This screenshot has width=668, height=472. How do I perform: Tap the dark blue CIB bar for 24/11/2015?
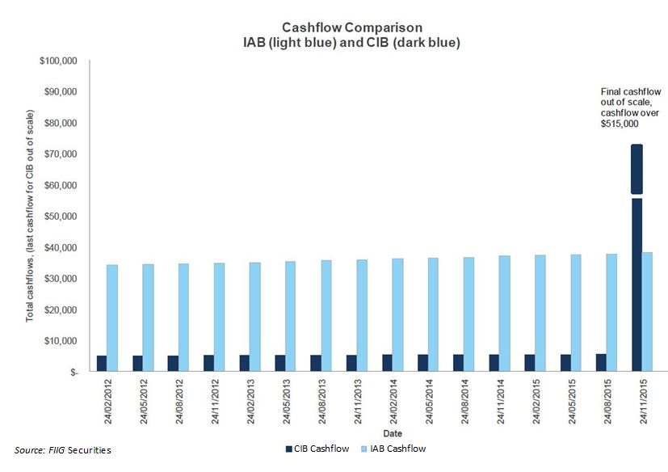637,283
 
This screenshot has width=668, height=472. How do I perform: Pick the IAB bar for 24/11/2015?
648,311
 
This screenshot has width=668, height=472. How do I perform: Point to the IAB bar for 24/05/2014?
433,314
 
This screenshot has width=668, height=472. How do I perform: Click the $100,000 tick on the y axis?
58,61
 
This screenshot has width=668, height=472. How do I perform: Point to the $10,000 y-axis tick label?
61,341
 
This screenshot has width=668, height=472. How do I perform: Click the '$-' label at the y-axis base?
73,373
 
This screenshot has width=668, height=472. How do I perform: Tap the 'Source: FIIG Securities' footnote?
63,449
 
